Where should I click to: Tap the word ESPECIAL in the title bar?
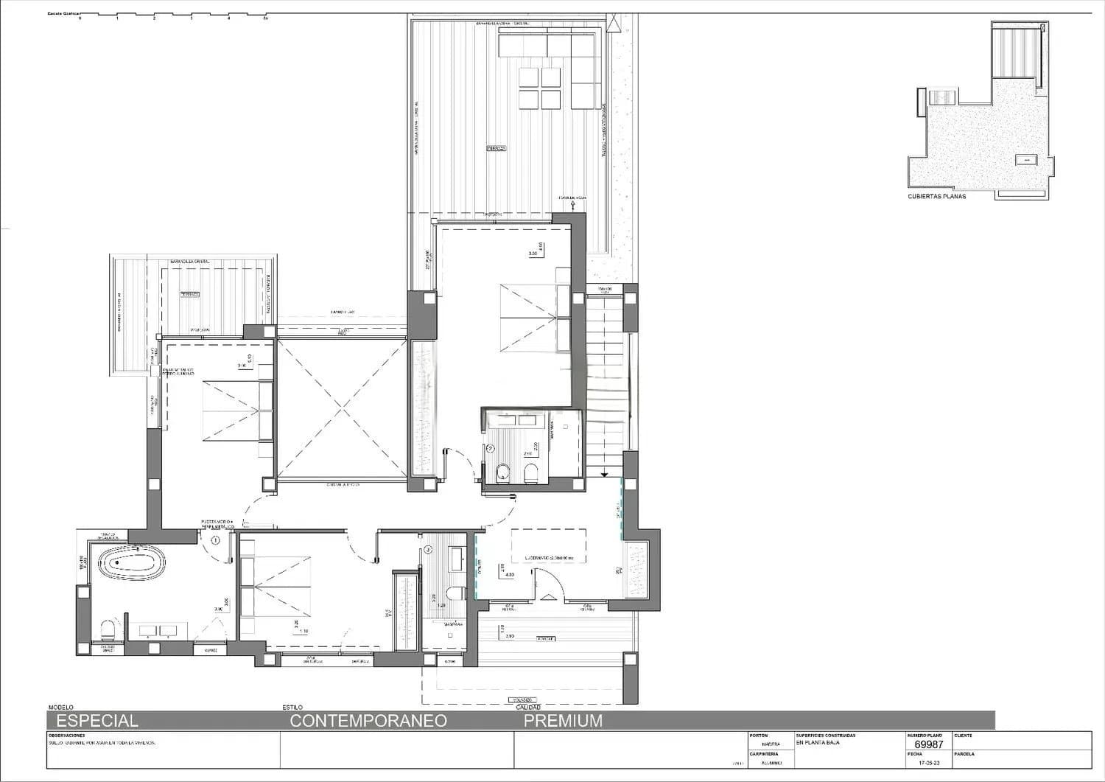point(97,721)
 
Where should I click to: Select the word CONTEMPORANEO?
point(368,721)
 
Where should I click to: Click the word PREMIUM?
point(563,721)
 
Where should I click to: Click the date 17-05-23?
point(930,764)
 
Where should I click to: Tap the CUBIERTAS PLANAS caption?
point(936,197)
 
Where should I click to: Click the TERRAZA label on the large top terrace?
point(496,148)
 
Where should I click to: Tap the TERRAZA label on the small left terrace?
point(189,294)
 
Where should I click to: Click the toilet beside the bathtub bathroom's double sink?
point(108,629)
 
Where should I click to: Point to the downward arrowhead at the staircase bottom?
point(603,474)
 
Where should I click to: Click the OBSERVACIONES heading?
point(66,736)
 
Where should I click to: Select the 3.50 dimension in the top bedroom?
point(533,254)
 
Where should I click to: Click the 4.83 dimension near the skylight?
point(508,575)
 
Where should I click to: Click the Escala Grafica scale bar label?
point(63,14)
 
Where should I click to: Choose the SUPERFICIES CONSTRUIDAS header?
point(825,736)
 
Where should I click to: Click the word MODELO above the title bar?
point(60,708)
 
